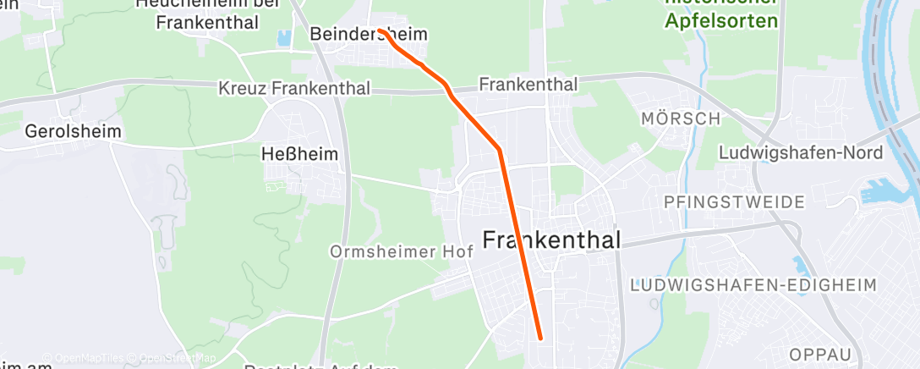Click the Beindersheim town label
[368, 35]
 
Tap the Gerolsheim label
[73, 132]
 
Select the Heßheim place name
[299, 154]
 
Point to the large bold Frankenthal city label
[551, 240]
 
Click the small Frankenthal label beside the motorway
[528, 85]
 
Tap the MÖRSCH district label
[681, 119]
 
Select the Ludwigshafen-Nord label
[800, 153]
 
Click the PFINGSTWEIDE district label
[734, 203]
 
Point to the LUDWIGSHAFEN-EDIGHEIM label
[753, 284]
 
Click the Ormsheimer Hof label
[402, 252]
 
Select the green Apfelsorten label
[720, 21]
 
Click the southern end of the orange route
[539, 338]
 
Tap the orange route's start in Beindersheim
[380, 30]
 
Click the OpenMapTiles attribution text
[90, 358]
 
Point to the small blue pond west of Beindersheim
[283, 37]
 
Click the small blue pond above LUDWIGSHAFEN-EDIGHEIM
[800, 264]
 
